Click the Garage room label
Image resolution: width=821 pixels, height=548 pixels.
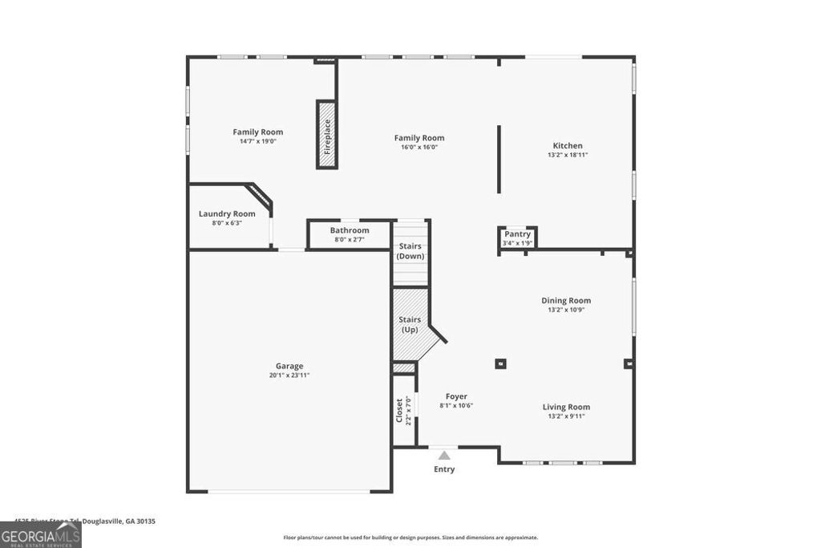(x=289, y=366)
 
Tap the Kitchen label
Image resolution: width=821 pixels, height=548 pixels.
(x=568, y=146)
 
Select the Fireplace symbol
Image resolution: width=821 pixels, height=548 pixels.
(x=326, y=134)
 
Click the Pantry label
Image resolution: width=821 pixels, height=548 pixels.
(x=517, y=234)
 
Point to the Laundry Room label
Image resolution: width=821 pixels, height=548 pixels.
(x=227, y=213)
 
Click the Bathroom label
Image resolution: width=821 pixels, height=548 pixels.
(x=350, y=230)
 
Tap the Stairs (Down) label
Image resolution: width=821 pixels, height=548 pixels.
(x=410, y=251)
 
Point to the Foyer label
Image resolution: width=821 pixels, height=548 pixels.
(x=456, y=396)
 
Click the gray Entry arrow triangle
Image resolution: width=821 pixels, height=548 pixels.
(x=444, y=455)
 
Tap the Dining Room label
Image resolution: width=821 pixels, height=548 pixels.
(x=565, y=301)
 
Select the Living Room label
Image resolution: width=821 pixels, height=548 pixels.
(x=566, y=407)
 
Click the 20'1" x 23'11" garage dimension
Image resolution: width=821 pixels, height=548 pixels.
(x=289, y=375)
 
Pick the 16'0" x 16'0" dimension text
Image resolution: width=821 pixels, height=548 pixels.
(x=419, y=148)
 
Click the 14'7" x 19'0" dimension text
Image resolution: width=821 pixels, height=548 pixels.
(x=257, y=141)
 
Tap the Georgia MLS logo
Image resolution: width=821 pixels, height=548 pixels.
(x=40, y=534)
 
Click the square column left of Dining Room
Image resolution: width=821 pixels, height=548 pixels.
(x=500, y=363)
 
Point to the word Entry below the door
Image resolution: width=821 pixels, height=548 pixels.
(x=444, y=469)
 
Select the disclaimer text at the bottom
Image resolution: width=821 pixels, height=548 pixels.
(x=410, y=538)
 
